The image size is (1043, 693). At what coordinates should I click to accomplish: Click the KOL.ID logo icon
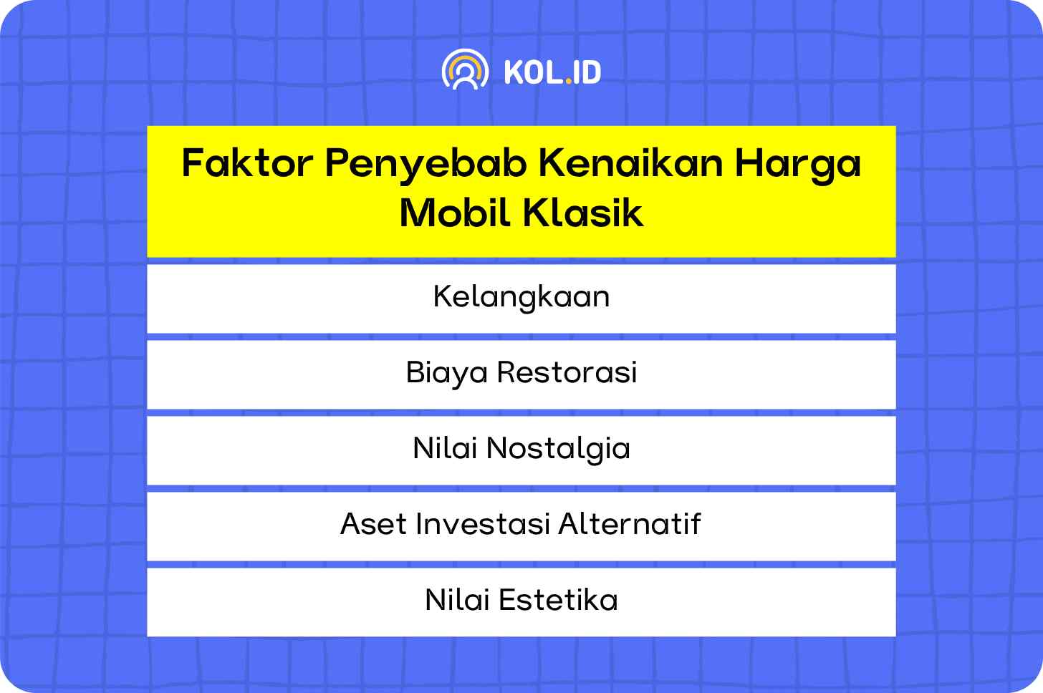point(465,69)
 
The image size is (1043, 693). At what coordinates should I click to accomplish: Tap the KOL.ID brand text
point(553,72)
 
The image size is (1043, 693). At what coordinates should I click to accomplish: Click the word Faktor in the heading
point(247,163)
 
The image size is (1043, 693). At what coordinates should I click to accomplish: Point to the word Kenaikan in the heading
point(631,163)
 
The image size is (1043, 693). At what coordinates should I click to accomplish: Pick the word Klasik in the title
point(583,213)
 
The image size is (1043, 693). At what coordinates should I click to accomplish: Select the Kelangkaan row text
point(521,298)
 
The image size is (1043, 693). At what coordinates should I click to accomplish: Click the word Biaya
point(446,374)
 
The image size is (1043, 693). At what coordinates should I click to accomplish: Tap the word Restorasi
point(567,372)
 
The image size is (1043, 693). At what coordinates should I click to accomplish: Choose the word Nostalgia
point(558,450)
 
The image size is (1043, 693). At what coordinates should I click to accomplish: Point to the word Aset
point(374,524)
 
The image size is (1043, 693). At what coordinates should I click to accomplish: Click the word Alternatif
point(630,523)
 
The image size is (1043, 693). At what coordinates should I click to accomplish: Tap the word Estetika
point(558,599)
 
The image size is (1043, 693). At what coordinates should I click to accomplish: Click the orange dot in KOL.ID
point(569,81)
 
